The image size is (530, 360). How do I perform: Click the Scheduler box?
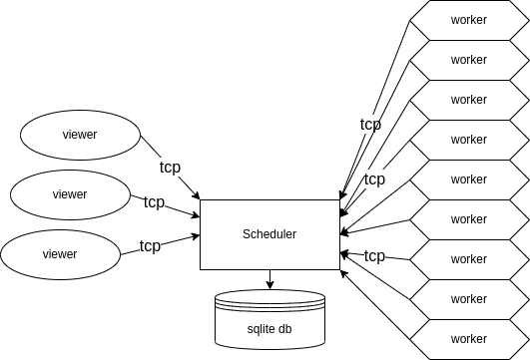269,234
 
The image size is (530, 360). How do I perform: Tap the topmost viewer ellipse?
80,135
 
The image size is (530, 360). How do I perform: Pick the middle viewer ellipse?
70,194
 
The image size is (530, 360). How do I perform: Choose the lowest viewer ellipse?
60,254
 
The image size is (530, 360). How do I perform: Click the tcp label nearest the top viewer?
170,168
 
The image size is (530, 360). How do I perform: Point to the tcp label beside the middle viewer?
154,202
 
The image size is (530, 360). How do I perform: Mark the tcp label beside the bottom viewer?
150,245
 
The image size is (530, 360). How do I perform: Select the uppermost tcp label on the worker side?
370,125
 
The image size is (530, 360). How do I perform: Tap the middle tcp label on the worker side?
374,180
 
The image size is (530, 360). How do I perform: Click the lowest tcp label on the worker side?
374,256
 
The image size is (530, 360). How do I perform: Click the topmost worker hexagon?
469,20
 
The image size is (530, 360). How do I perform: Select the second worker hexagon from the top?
469,60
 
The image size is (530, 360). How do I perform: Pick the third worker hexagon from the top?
469,100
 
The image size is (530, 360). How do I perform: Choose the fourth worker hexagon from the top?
469,140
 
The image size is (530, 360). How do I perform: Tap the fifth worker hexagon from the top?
469,180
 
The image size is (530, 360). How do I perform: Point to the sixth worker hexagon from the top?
469,219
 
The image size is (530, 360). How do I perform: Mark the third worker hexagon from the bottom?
469,259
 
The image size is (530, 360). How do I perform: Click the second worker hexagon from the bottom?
469,299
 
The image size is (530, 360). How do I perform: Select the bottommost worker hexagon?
469,339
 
